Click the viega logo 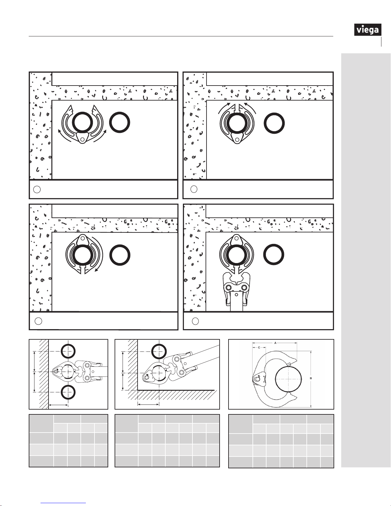[x=368, y=30]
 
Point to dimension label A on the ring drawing [x=275, y=343]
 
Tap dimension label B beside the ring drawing [x=311, y=378]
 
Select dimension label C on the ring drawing [x=259, y=347]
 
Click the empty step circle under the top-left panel [x=37, y=189]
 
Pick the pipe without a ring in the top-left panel [x=120, y=123]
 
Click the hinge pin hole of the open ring [x=82, y=139]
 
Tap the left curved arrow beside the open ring [x=64, y=136]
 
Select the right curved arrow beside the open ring [x=100, y=136]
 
